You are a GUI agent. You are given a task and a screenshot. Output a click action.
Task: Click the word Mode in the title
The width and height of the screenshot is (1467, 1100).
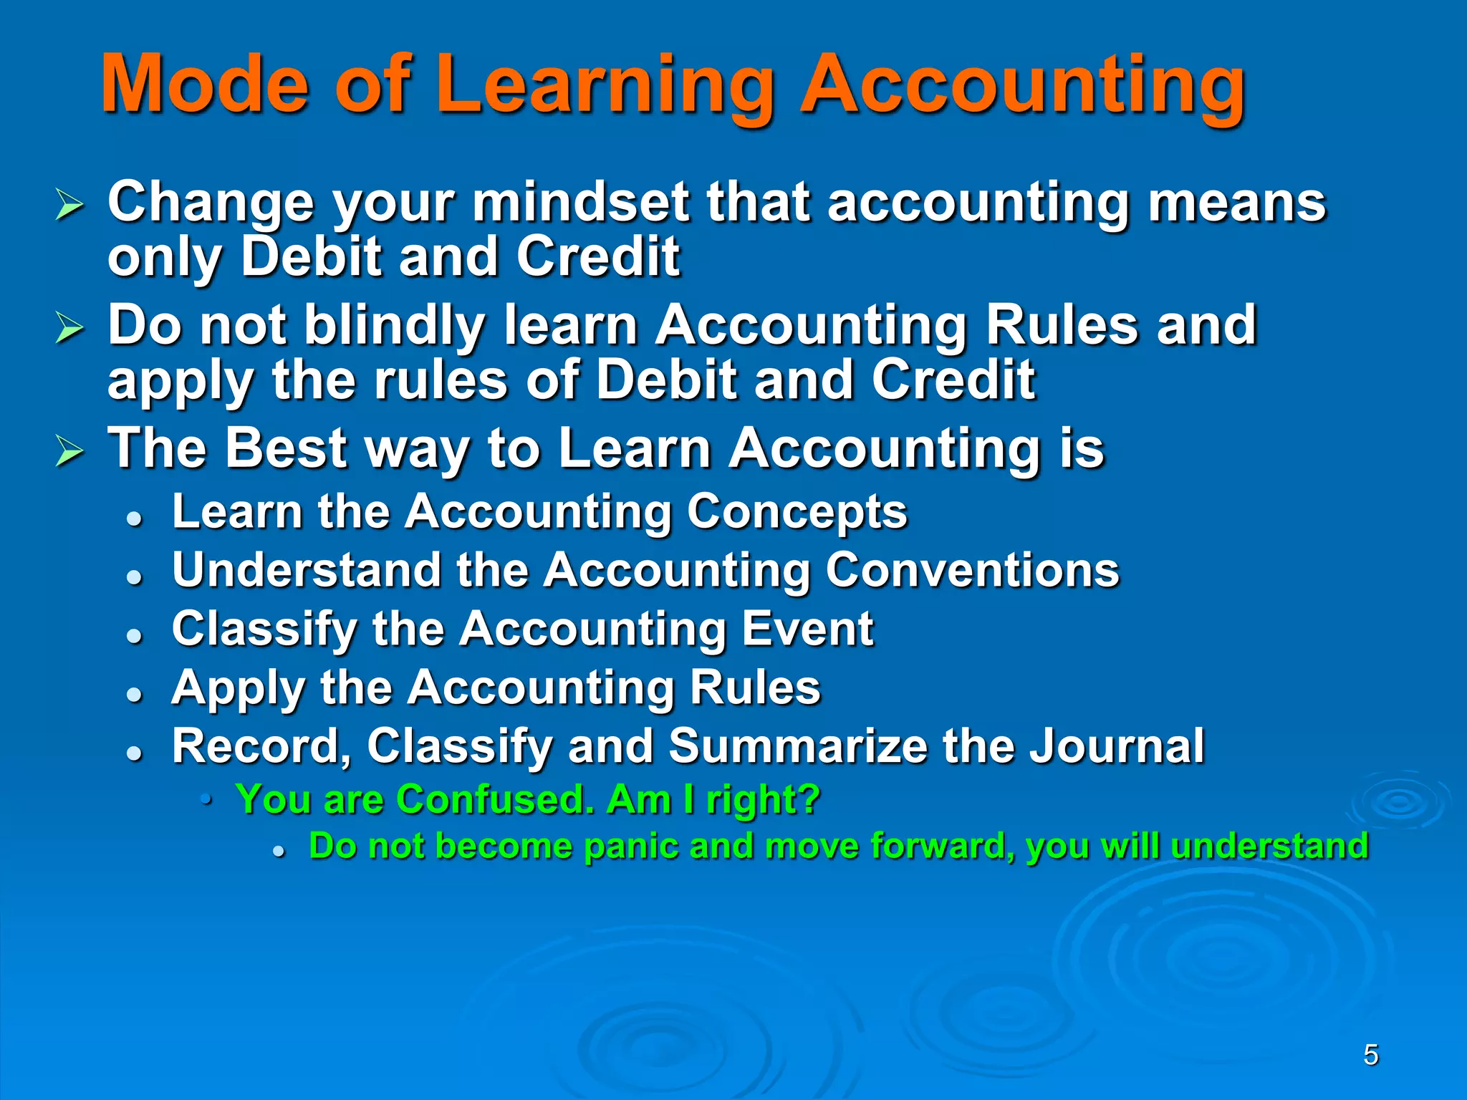pyautogui.click(x=205, y=85)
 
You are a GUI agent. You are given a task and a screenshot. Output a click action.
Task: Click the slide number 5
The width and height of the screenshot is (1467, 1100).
pyautogui.click(x=1370, y=1055)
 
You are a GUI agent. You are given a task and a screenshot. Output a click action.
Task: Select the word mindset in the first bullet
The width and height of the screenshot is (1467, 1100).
pyautogui.click(x=580, y=202)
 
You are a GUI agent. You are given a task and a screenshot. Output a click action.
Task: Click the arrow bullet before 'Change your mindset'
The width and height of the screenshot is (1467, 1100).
pyautogui.click(x=69, y=206)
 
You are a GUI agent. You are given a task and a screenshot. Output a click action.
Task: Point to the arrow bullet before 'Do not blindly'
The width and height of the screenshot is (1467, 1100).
pyautogui.click(x=69, y=329)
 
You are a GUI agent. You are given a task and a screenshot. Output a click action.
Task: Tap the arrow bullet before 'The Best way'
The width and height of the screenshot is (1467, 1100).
pyautogui.click(x=69, y=452)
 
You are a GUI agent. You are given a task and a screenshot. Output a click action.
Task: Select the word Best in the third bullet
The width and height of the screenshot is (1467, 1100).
pyautogui.click(x=287, y=448)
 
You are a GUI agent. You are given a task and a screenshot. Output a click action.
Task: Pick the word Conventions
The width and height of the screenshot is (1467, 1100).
pyautogui.click(x=971, y=571)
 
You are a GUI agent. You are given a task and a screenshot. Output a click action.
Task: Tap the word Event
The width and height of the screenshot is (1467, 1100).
pyautogui.click(x=807, y=629)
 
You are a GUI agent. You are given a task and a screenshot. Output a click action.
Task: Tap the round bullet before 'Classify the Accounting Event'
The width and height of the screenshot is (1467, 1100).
pyautogui.click(x=134, y=635)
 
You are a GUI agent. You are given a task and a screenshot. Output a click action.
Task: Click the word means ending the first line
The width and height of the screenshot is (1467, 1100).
pyautogui.click(x=1237, y=202)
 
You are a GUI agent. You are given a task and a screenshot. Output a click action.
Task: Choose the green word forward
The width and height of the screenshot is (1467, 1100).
pyautogui.click(x=942, y=846)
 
